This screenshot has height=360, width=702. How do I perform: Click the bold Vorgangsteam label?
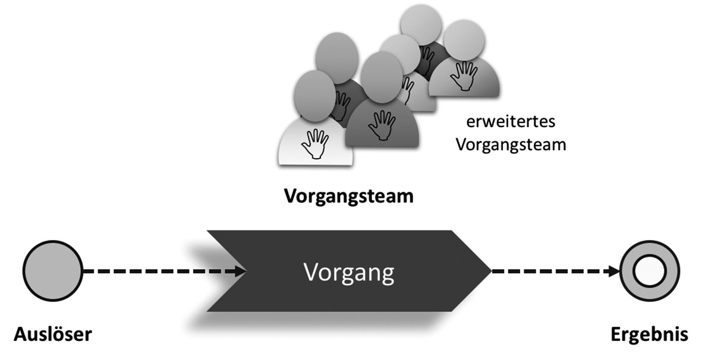click(x=348, y=196)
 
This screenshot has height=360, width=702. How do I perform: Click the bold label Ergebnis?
click(x=649, y=334)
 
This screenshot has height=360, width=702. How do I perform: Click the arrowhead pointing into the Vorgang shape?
click(x=240, y=272)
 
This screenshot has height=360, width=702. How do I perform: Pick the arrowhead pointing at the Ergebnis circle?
click(x=612, y=272)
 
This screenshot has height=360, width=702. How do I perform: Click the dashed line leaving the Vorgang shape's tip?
click(x=547, y=272)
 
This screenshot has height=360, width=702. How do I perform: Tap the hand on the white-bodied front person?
click(x=315, y=144)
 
